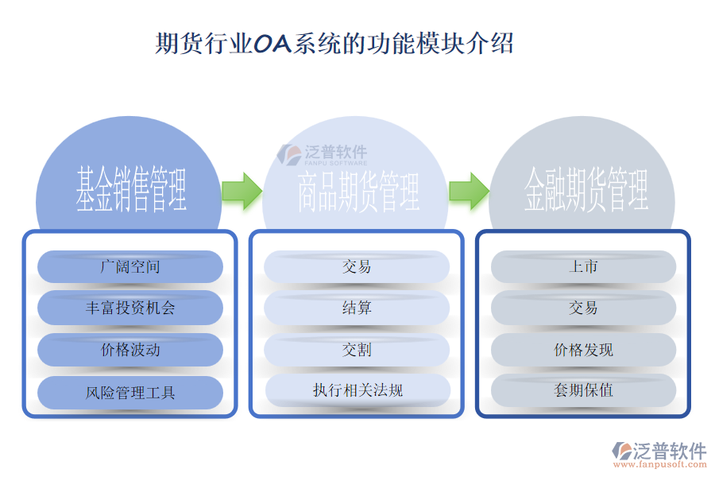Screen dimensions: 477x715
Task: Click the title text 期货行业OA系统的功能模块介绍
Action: tap(334, 43)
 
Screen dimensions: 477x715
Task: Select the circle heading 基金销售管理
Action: tap(131, 189)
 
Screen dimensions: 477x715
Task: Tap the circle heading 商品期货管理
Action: tap(357, 191)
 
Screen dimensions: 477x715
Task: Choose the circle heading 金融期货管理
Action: tap(586, 191)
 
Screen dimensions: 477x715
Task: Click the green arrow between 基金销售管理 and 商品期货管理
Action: tap(242, 190)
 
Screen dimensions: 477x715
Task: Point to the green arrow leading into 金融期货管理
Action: tap(469, 191)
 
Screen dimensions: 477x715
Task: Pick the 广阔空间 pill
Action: tap(130, 266)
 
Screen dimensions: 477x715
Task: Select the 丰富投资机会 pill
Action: tap(130, 308)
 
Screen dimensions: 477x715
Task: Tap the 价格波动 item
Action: tap(130, 350)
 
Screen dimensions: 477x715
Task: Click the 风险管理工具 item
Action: tap(130, 392)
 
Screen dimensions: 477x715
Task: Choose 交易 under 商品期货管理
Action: tap(357, 266)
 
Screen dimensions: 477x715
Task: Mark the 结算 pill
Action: tap(357, 308)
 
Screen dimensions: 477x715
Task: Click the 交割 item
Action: tap(357, 350)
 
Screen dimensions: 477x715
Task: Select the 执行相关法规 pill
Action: tap(357, 390)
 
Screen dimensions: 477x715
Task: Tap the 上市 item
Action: tap(583, 266)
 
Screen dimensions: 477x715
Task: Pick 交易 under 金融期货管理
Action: tap(583, 308)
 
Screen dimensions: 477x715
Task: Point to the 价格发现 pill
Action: tap(583, 350)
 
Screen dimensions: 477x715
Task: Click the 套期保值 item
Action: tap(583, 390)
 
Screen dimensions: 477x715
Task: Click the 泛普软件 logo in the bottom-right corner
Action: tap(659, 452)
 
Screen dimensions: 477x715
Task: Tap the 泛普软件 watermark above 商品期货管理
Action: tap(323, 153)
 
